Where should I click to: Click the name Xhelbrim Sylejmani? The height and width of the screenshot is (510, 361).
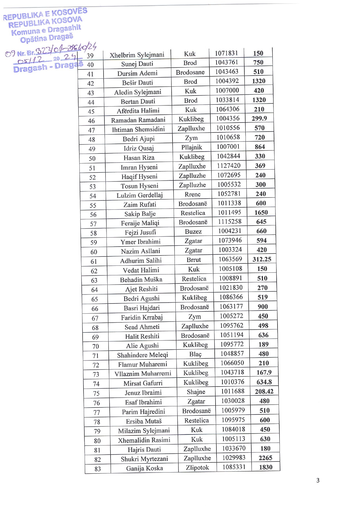[137, 55]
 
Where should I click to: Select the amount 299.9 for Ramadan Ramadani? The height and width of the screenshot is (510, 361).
[259, 118]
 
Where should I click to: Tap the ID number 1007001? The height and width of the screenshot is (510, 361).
[228, 147]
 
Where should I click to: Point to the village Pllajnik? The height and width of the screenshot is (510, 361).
[191, 147]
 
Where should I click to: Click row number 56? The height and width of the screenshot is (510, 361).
[93, 215]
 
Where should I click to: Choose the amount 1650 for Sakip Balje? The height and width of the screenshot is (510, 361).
[261, 213]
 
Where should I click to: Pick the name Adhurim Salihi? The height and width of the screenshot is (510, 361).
[141, 261]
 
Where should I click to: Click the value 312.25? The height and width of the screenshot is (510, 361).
[262, 259]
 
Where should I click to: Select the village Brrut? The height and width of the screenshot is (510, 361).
[194, 260]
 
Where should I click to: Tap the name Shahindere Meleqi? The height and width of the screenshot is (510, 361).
[143, 355]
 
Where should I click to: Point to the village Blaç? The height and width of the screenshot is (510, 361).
[195, 354]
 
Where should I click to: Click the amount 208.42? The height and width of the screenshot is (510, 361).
[264, 392]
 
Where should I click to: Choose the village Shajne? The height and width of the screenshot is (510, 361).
[196, 392]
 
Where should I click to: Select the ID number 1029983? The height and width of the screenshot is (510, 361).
[234, 458]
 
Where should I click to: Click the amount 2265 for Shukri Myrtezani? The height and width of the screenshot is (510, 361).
[265, 458]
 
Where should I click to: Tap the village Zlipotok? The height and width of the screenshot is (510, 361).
[197, 468]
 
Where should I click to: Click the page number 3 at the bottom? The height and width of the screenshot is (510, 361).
[318, 480]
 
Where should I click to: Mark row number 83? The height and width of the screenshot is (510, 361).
[97, 469]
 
